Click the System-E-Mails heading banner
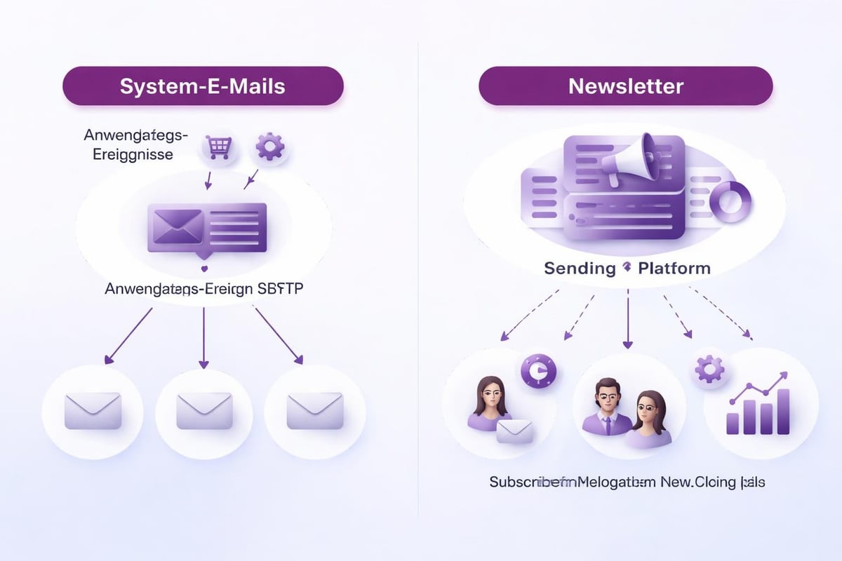[x=203, y=86]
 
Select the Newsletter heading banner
[x=625, y=86]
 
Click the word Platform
[x=674, y=268]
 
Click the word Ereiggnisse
[x=133, y=154]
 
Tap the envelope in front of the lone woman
[x=514, y=431]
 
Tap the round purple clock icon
[x=538, y=370]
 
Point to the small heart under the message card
[x=204, y=267]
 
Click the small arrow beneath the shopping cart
[x=208, y=181]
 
